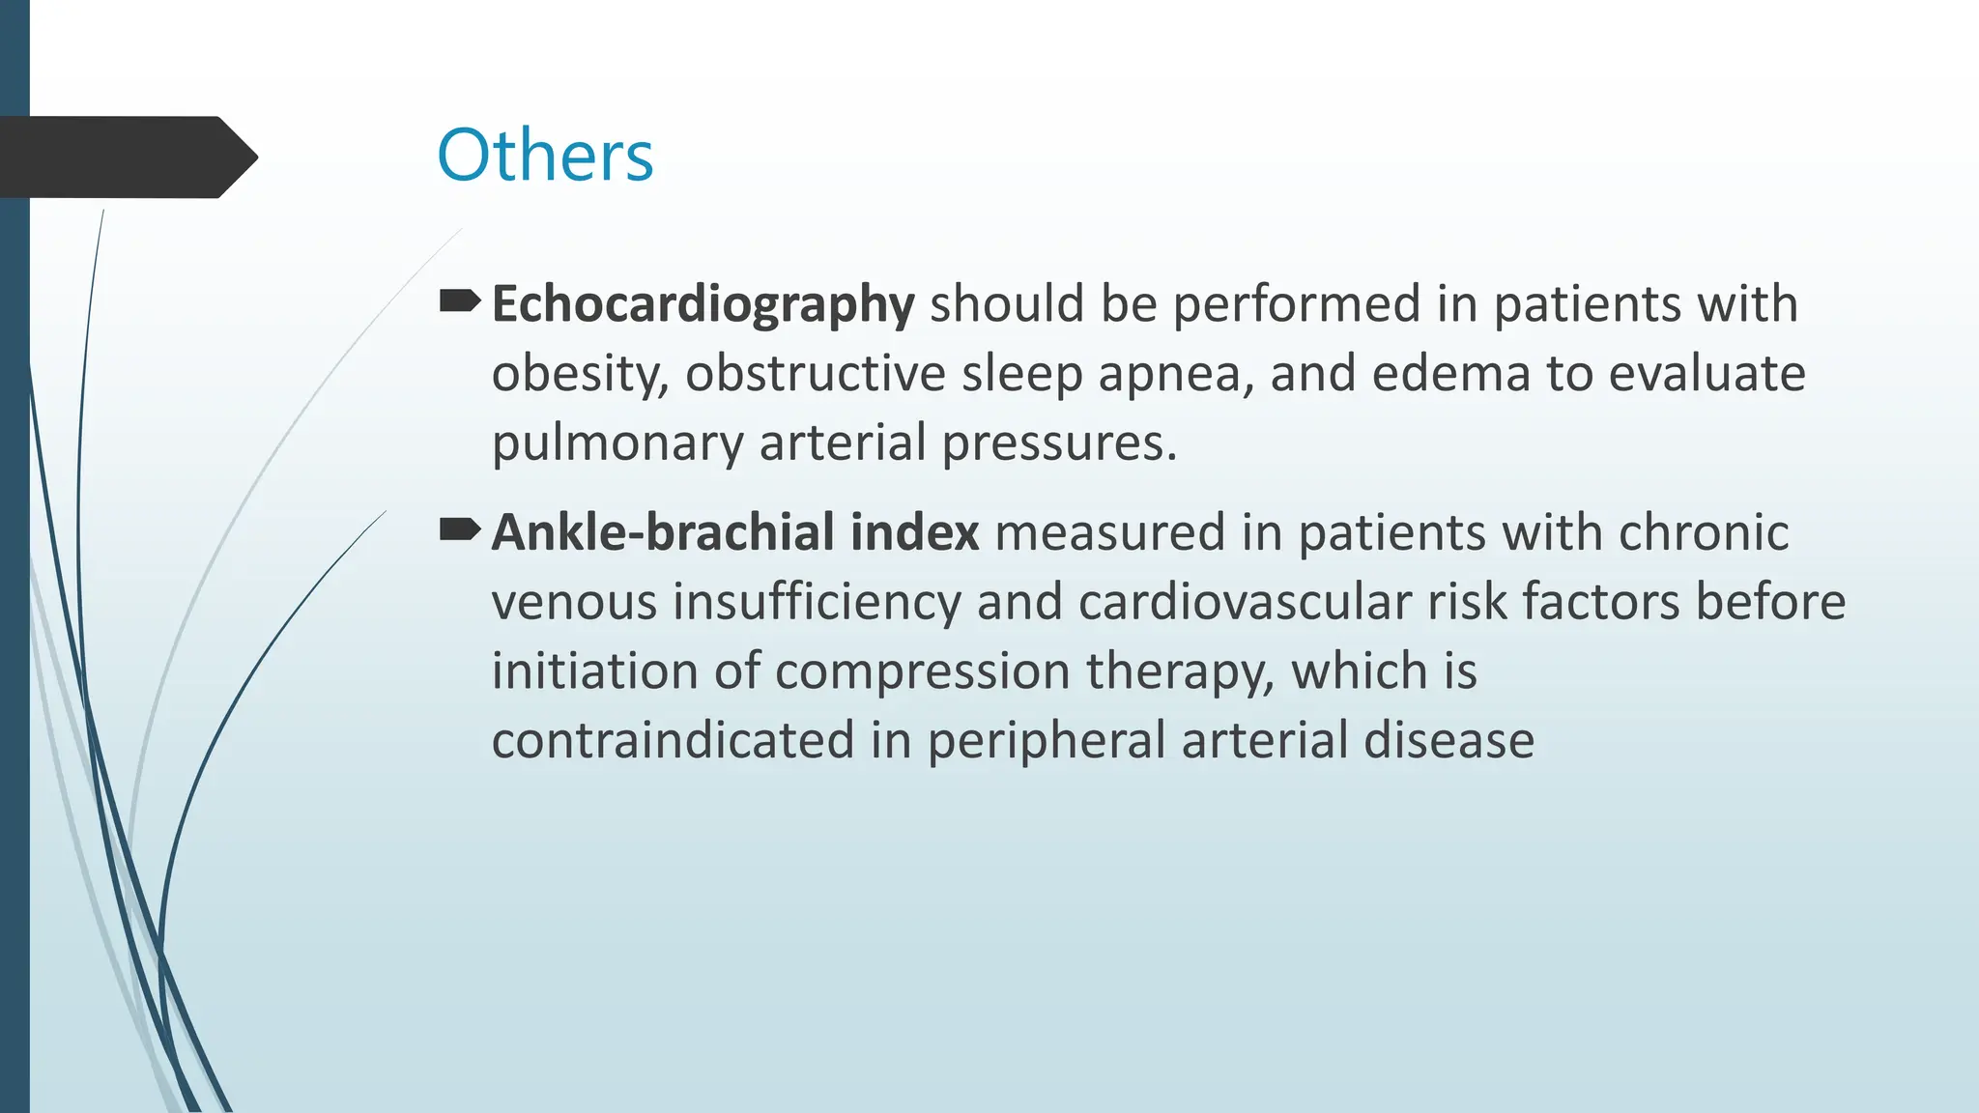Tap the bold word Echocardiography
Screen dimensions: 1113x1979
click(703, 305)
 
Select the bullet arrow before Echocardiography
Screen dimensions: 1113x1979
click(459, 302)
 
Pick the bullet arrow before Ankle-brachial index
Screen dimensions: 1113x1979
click(459, 529)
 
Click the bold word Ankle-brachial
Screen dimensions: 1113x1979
click(663, 532)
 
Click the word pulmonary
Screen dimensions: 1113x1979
click(617, 444)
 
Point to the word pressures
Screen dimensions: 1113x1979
click(1059, 444)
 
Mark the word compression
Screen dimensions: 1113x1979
click(923, 672)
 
